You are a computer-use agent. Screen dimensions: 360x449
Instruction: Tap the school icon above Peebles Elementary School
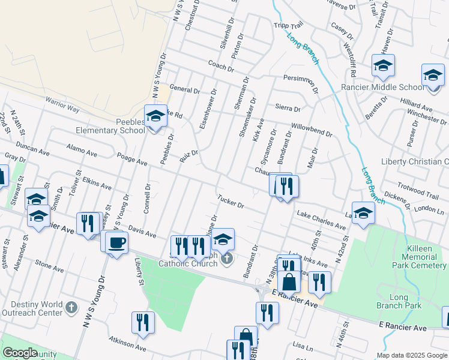(155, 116)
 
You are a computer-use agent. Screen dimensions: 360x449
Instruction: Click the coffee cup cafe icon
(117, 242)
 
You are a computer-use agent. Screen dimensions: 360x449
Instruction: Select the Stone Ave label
(49, 263)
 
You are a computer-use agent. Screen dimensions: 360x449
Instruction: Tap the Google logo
(20, 353)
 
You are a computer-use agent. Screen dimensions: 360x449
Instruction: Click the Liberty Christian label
(415, 162)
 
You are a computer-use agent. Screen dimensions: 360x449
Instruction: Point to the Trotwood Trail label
(418, 191)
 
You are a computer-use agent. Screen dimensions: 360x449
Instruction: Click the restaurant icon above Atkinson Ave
(143, 322)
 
